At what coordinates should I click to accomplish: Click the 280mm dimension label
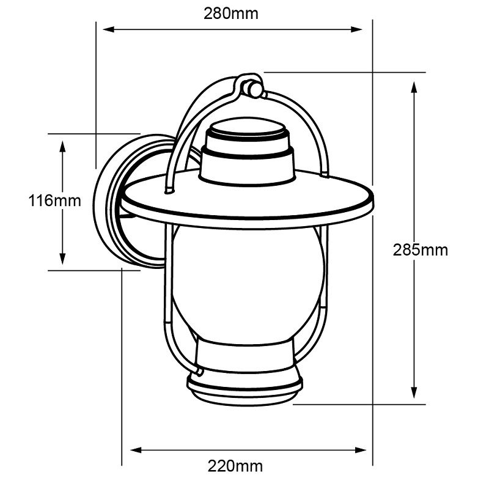(x=231, y=13)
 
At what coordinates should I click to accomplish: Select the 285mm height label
(x=420, y=250)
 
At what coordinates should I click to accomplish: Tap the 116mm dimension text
(x=54, y=200)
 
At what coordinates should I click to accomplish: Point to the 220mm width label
(x=235, y=466)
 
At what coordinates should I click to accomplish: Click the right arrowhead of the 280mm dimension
(x=356, y=29)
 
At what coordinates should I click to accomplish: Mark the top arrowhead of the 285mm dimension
(x=414, y=87)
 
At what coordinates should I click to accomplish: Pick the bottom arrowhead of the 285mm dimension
(x=414, y=393)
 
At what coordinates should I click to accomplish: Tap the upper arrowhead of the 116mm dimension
(x=63, y=147)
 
